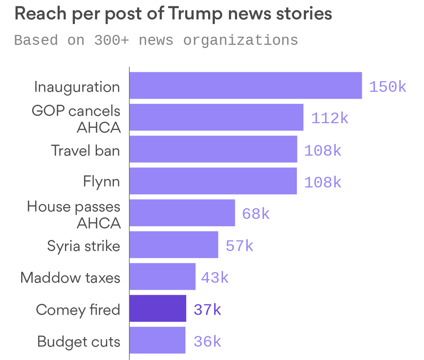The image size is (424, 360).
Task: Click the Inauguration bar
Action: (x=245, y=86)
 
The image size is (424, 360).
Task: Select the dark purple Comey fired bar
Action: (x=158, y=309)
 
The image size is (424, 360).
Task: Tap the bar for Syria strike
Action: (x=173, y=245)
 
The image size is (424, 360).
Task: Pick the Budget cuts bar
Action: (x=157, y=341)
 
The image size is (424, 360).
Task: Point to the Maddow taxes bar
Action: (x=162, y=277)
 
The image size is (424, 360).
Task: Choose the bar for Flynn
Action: (x=213, y=181)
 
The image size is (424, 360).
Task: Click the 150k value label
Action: (x=388, y=86)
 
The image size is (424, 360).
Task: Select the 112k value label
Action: (x=330, y=118)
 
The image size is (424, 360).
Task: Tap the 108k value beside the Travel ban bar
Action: (x=323, y=150)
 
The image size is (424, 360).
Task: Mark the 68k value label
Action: (x=256, y=213)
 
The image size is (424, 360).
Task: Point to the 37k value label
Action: (x=207, y=309)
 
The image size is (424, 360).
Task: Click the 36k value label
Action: (x=207, y=341)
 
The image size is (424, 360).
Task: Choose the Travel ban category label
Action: (x=86, y=150)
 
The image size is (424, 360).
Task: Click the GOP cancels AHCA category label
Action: (x=76, y=119)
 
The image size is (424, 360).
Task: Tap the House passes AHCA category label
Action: (x=74, y=214)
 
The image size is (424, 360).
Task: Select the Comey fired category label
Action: (x=78, y=309)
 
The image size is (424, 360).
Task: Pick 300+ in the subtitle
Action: (x=112, y=40)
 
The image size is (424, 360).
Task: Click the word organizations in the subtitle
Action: (x=241, y=40)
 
